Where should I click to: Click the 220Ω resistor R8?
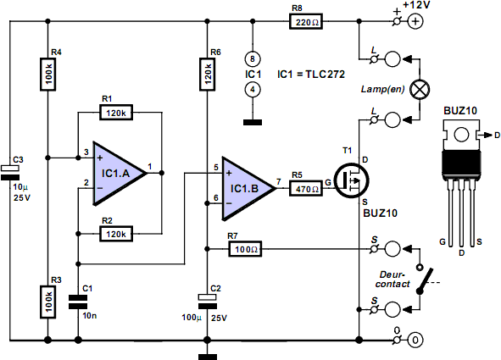(306, 22)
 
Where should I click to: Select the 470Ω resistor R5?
(306, 188)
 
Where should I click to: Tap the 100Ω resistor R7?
(245, 249)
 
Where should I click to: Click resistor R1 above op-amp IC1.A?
(116, 113)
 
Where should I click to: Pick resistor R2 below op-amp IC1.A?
(116, 234)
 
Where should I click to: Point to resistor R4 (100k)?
(48, 75)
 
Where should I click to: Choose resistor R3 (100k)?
(48, 302)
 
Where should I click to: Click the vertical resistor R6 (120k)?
(208, 75)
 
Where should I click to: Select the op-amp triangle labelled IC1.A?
(120, 174)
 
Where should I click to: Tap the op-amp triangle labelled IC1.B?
(249, 188)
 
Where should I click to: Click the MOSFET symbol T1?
(351, 181)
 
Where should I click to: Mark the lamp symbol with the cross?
(420, 89)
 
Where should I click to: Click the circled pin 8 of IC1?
(253, 59)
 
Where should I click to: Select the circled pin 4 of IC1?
(253, 90)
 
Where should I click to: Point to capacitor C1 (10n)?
(78, 302)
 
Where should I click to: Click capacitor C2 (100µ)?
(208, 302)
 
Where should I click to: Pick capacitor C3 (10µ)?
(10, 173)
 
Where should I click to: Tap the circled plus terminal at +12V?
(415, 22)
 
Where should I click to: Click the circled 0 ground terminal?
(415, 340)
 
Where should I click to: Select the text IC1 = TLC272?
(311, 75)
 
